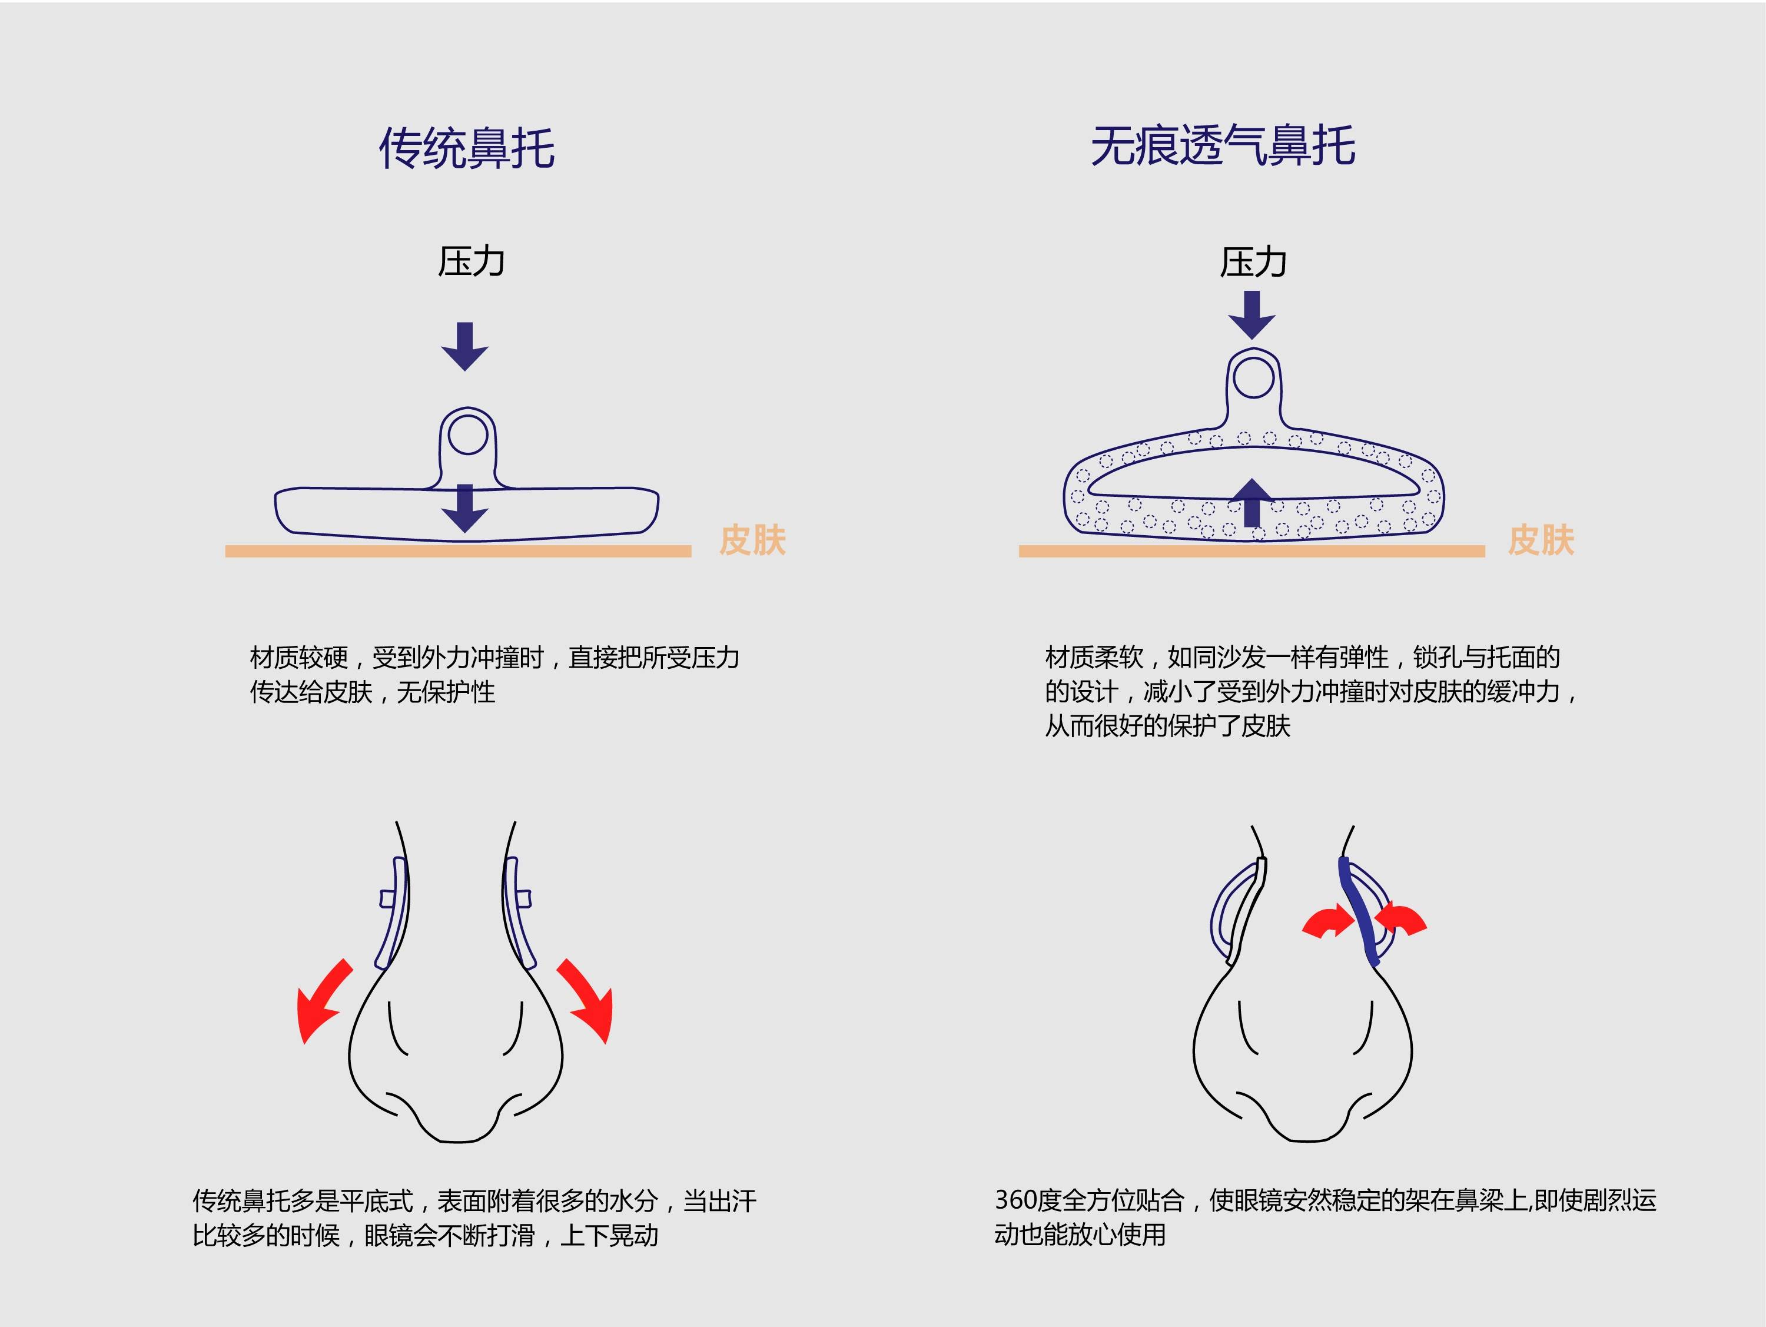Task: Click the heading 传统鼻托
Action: click(466, 148)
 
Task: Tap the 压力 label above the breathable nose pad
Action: click(1253, 262)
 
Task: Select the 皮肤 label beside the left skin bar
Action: click(752, 540)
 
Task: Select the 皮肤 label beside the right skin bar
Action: click(1541, 540)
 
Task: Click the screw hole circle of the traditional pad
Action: click(468, 435)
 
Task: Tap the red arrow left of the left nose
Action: click(319, 1002)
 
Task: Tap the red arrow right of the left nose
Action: click(589, 1001)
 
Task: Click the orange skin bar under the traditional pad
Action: click(457, 551)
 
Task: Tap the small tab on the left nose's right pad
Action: click(525, 899)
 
